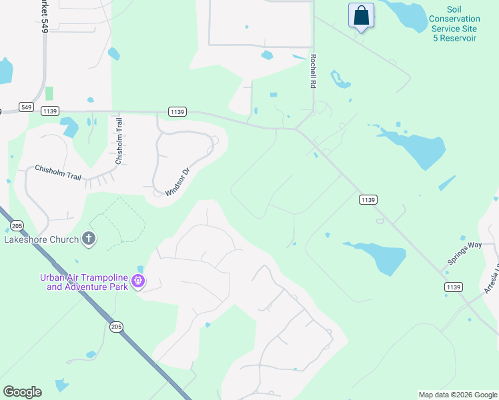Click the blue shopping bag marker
click(361, 15)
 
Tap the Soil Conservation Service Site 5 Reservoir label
click(454, 24)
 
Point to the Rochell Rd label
click(312, 72)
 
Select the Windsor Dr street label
click(178, 181)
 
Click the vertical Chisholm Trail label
click(119, 141)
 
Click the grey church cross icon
click(89, 239)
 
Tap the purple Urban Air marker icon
click(139, 281)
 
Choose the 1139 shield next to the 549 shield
click(50, 111)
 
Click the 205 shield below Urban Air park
click(117, 326)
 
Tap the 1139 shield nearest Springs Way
click(454, 286)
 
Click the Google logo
click(23, 391)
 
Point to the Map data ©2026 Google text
click(458, 395)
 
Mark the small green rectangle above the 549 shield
click(49, 93)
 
